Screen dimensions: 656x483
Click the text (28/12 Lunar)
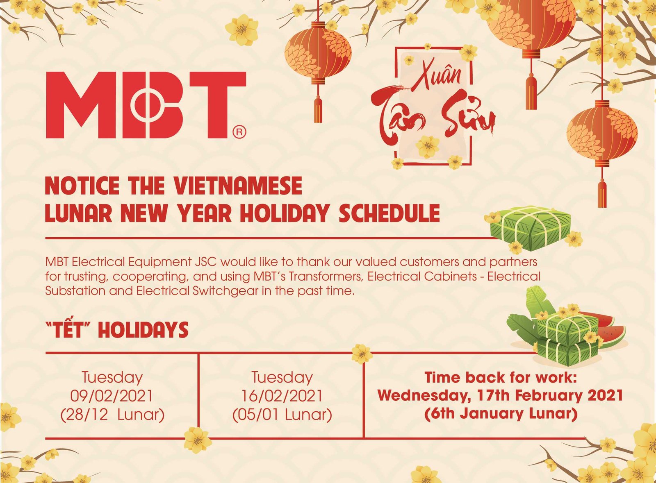point(112,416)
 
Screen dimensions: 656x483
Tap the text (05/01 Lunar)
point(282,416)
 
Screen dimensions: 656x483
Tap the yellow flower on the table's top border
point(362,354)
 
